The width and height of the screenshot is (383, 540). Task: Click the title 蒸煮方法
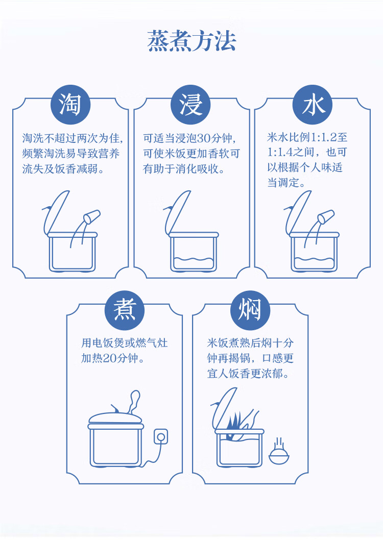click(192, 41)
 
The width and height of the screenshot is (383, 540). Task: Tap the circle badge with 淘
click(70, 105)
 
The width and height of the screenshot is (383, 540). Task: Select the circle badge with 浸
click(191, 105)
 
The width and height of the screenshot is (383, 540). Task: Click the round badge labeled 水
click(313, 105)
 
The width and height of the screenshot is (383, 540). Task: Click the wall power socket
click(160, 437)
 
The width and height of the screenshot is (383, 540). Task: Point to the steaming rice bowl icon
click(279, 452)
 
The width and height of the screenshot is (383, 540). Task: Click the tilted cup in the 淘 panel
click(92, 216)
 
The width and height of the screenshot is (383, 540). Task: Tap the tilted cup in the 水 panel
click(326, 216)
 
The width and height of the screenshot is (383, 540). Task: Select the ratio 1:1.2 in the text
click(324, 137)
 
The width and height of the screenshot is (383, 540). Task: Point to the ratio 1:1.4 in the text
click(280, 152)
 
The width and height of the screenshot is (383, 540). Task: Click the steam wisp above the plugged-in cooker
click(134, 402)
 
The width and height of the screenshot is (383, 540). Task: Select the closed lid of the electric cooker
click(115, 418)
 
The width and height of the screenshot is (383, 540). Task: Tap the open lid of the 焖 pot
click(224, 409)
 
